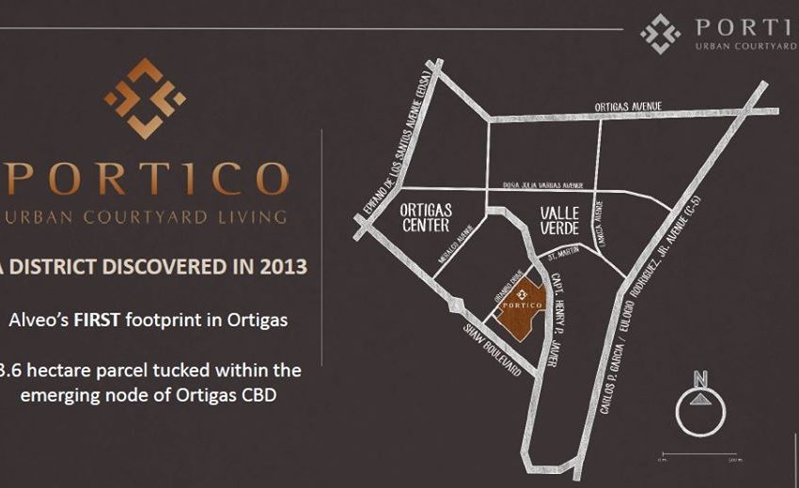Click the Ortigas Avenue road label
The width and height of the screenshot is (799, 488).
point(629,106)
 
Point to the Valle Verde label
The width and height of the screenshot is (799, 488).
point(560,218)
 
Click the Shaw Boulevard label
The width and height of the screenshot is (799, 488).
point(493,350)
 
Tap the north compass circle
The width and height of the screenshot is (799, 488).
point(699,412)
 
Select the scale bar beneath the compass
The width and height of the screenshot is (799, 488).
point(699,454)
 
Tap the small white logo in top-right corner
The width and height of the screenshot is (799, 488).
point(660,34)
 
